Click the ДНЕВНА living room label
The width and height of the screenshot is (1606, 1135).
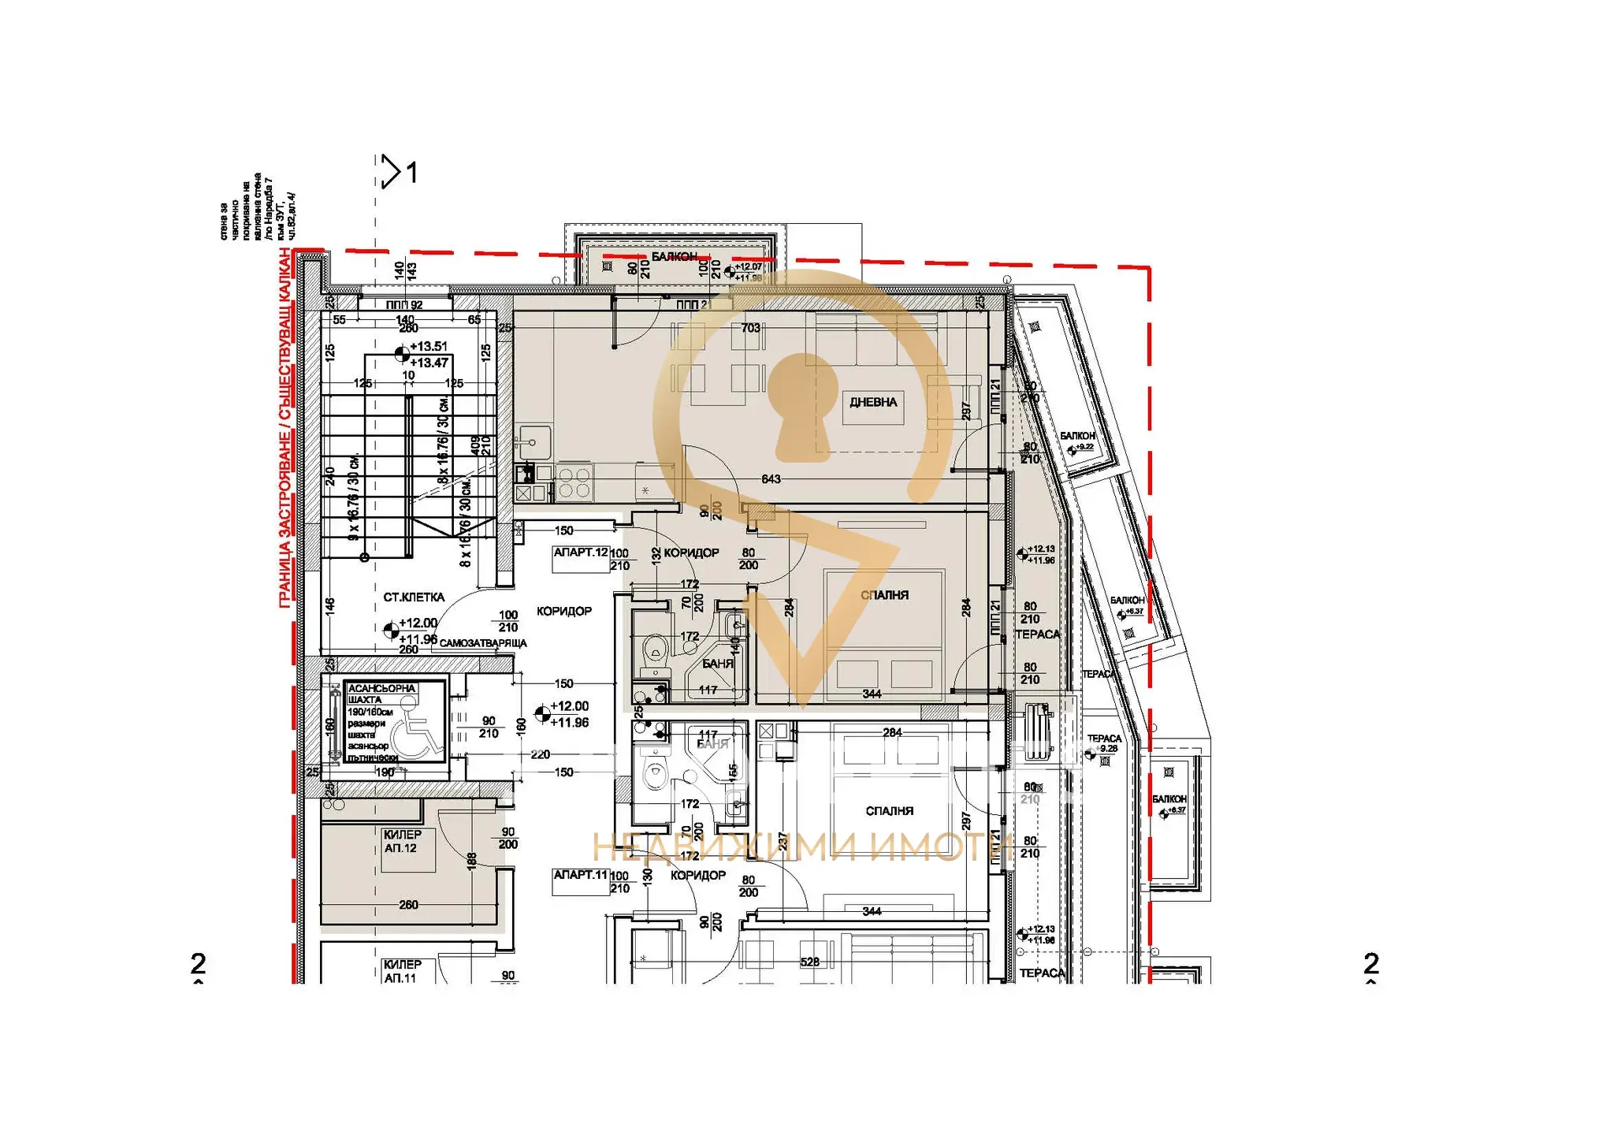[872, 402]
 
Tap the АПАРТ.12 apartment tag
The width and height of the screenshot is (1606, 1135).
[581, 553]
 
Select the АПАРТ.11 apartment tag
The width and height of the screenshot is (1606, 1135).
[581, 875]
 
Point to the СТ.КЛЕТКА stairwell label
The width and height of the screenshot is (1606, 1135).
[414, 597]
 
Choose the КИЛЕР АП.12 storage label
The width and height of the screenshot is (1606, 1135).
[402, 841]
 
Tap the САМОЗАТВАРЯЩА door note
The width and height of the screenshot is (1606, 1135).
[483, 643]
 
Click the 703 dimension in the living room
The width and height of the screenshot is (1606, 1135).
[750, 328]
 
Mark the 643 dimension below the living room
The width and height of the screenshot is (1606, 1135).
[771, 479]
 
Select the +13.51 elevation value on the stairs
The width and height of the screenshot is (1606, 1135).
[429, 347]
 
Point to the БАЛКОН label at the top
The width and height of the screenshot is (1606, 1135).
[674, 257]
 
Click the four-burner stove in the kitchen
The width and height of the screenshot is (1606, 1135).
[574, 482]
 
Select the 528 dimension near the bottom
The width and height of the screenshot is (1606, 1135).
[809, 962]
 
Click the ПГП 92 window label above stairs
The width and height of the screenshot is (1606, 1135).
[404, 305]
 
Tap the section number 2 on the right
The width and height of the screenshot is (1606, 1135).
[1371, 963]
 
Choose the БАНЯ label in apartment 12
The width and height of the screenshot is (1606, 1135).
[717, 664]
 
